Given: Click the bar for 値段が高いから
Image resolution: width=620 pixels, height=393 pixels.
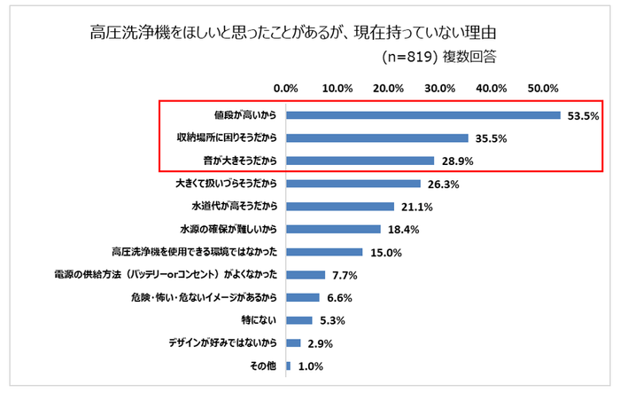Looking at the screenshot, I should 423,115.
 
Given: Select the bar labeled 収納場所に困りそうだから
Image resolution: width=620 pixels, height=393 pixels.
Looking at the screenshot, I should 377,138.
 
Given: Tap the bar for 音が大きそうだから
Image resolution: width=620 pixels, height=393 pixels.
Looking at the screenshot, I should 360,161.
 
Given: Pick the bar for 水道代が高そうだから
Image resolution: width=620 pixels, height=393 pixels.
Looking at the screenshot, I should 340,207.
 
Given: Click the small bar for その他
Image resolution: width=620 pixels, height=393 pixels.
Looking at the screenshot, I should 288,365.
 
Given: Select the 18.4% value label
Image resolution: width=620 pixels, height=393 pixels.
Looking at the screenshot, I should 403,230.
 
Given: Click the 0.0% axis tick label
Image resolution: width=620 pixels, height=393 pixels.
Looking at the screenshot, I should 286,89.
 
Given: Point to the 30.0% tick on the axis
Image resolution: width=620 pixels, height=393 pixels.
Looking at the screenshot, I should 440,89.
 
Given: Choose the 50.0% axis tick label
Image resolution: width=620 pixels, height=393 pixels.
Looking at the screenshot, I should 542,89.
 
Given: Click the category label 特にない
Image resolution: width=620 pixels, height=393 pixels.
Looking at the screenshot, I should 260,320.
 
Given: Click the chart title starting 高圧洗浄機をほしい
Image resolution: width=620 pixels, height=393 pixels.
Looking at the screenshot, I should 291,33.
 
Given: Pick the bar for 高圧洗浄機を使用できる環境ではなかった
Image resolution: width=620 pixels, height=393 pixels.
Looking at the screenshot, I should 324,252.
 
